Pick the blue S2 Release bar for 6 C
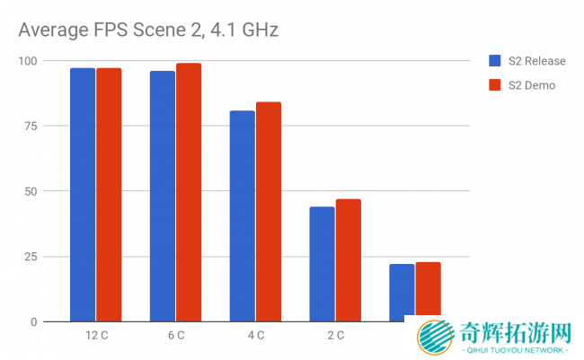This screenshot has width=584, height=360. click(x=163, y=196)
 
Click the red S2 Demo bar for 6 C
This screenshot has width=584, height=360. click(x=189, y=193)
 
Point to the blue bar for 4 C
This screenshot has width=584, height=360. click(x=243, y=215)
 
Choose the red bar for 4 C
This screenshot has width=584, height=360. click(x=269, y=212)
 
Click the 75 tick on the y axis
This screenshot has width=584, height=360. click(x=31, y=126)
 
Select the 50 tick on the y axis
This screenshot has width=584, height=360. click(x=31, y=191)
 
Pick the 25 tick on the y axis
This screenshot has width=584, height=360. click(x=31, y=257)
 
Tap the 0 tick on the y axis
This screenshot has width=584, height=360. click(x=34, y=321)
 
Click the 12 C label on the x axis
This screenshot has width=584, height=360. click(x=96, y=336)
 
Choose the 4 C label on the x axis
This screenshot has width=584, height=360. click(x=256, y=336)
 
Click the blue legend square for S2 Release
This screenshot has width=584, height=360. click(x=494, y=61)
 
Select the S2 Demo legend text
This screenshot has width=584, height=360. click(x=532, y=85)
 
